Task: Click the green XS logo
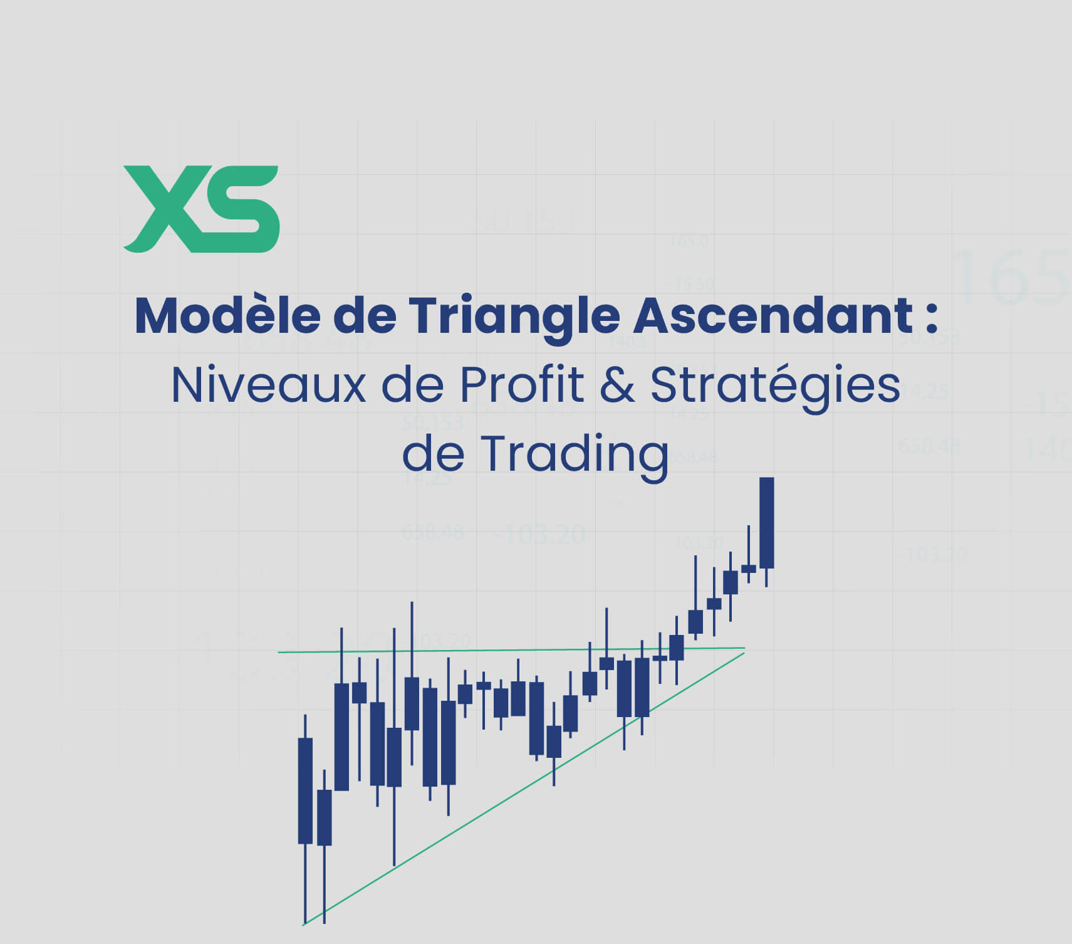pos(201,209)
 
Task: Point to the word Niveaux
pos(268,385)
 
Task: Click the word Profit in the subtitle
pos(522,385)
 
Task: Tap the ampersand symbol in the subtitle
pos(617,385)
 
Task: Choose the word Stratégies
pos(775,385)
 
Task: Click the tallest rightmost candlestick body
pos(766,523)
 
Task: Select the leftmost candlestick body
pos(305,790)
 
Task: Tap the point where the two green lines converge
pos(744,649)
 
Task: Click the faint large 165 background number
pos(1009,276)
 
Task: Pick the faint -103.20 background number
pos(539,535)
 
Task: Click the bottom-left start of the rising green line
pos(304,923)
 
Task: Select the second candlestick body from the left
pos(324,817)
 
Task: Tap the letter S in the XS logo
pos(241,209)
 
